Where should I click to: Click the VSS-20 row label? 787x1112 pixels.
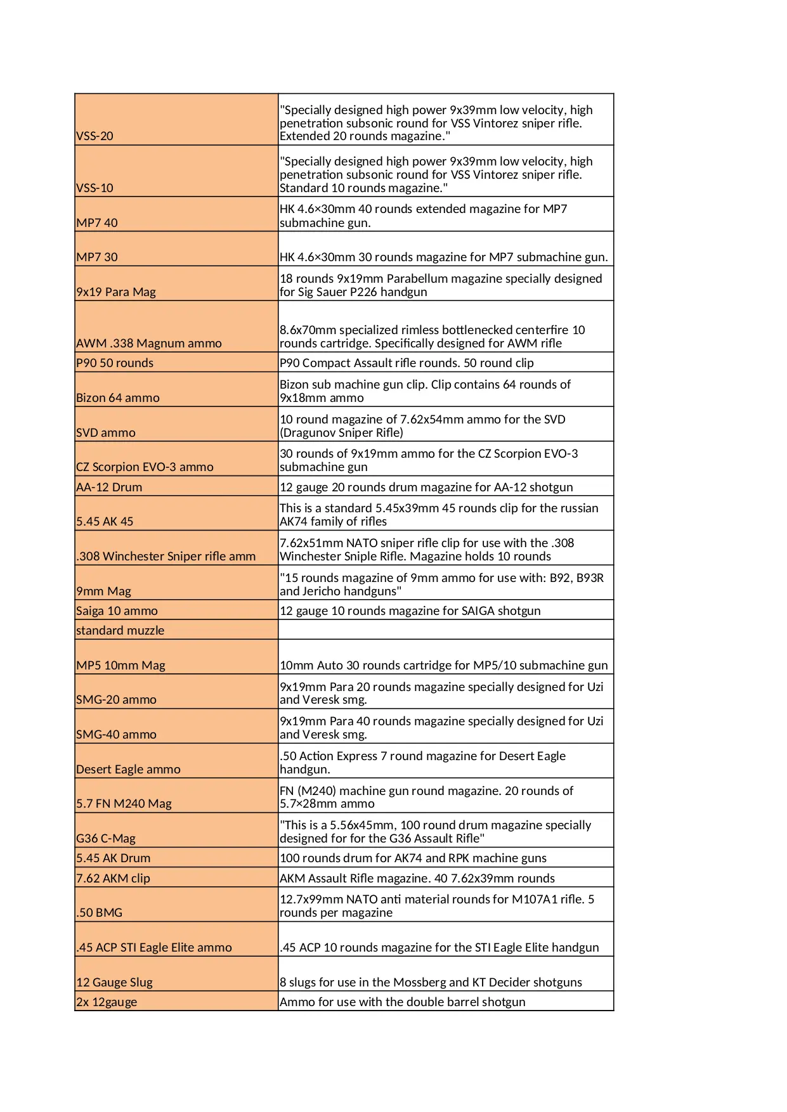pyautogui.click(x=95, y=136)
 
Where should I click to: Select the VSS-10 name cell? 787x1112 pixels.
pyautogui.click(x=95, y=188)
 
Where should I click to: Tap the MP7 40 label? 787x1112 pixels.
pyautogui.click(x=97, y=223)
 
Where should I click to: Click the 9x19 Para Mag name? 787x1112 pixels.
pyautogui.click(x=116, y=292)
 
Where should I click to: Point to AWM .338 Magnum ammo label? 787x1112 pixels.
pyautogui.click(x=149, y=344)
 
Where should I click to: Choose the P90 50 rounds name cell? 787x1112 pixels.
pyautogui.click(x=115, y=363)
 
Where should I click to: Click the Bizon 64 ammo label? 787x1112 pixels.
pyautogui.click(x=118, y=398)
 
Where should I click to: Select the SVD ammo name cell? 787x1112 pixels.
pyautogui.click(x=106, y=433)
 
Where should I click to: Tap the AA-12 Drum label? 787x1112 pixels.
pyautogui.click(x=109, y=488)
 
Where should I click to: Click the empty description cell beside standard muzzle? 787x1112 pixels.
pyautogui.click(x=445, y=630)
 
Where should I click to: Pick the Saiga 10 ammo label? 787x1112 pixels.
pyautogui.click(x=117, y=611)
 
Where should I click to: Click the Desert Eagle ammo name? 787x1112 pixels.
pyautogui.click(x=128, y=770)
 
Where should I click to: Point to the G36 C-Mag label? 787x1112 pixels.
pyautogui.click(x=106, y=839)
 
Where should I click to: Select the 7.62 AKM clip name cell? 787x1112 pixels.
pyautogui.click(x=113, y=879)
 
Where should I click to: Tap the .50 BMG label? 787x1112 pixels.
pyautogui.click(x=100, y=913)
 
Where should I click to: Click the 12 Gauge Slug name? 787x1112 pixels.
pyautogui.click(x=114, y=983)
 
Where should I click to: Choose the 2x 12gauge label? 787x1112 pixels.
pyautogui.click(x=107, y=1002)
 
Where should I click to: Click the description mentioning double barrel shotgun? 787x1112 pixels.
pyautogui.click(x=402, y=1002)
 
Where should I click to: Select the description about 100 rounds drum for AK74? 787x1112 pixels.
pyautogui.click(x=413, y=858)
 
